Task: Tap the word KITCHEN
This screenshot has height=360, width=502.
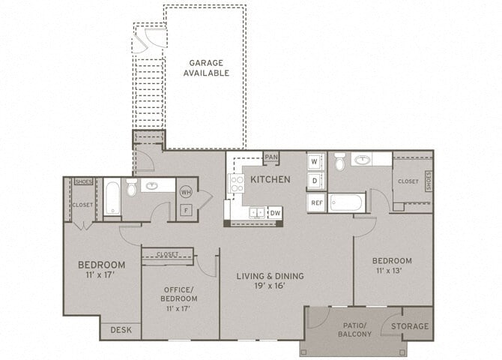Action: pos(270,179)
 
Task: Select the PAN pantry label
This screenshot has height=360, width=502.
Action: pos(271,157)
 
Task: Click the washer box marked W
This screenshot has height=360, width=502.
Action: pos(315,162)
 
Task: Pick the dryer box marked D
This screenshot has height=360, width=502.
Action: pos(315,181)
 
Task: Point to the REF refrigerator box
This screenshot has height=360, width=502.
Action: pos(316,202)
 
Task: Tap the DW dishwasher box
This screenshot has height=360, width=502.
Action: pos(274,213)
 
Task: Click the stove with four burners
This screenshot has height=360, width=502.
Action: pos(237,184)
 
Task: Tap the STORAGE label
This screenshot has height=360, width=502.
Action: pos(411,326)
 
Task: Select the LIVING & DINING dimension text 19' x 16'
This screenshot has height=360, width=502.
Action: pos(270,286)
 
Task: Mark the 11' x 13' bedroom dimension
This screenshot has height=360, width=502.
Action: pos(392,271)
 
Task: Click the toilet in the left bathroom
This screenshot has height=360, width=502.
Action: pos(132,188)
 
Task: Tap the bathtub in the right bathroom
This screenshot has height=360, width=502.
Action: pos(346,203)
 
